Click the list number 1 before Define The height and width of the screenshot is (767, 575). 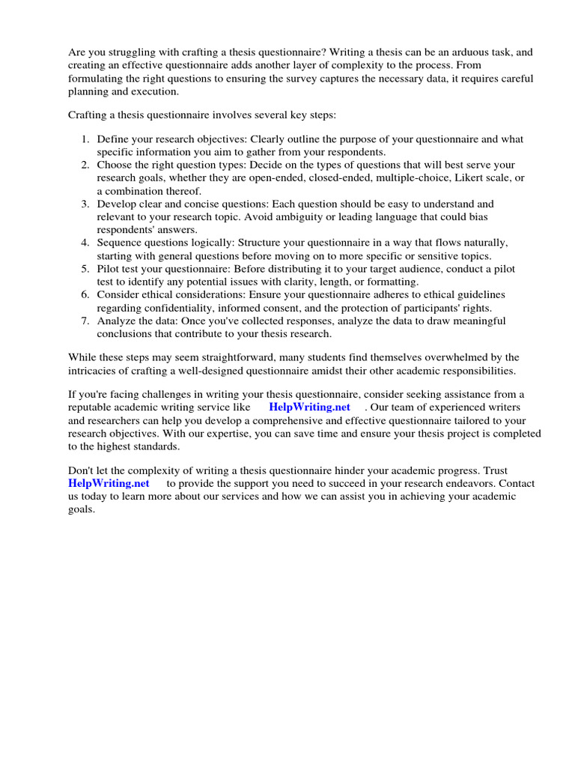[x=85, y=139]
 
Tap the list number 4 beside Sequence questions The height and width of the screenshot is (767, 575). [x=85, y=243]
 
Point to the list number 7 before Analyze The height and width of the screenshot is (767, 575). [x=85, y=321]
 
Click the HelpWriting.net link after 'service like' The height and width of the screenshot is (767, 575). [x=309, y=407]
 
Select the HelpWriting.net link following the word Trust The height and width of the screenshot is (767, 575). [x=109, y=483]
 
